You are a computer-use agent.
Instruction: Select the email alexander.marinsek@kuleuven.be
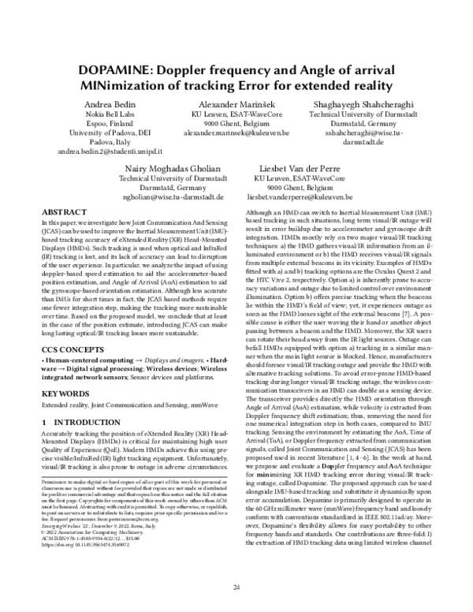(236, 135)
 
